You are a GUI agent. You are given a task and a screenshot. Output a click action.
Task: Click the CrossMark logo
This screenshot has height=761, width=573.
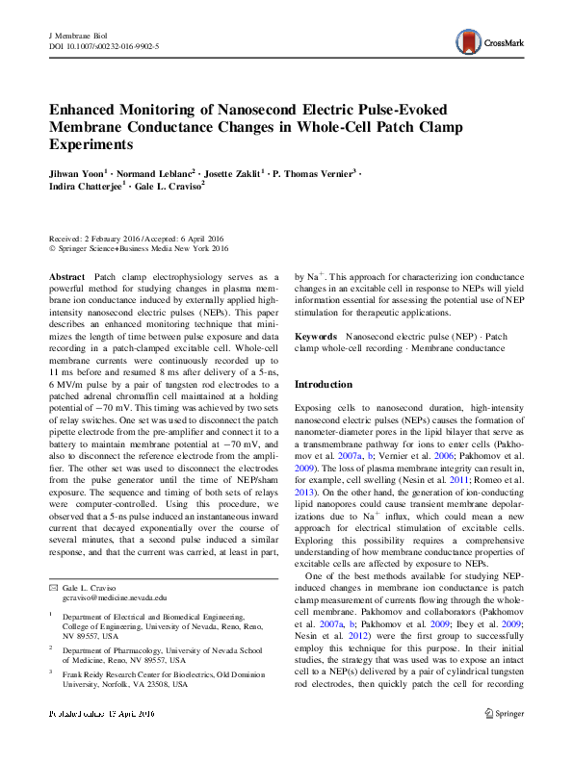[x=497, y=41]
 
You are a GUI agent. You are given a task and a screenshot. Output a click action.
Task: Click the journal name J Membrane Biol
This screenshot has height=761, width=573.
[x=76, y=35]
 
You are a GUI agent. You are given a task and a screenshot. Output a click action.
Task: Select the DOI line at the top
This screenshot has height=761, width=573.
[x=104, y=45]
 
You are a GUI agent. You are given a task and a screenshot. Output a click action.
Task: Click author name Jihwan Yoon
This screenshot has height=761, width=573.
[x=75, y=172]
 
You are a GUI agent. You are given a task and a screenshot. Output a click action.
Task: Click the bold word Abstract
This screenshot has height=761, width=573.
[x=66, y=276]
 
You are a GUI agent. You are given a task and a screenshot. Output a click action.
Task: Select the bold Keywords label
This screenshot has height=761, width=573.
[x=315, y=337]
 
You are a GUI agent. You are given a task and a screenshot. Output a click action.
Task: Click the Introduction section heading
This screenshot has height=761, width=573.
[x=326, y=385]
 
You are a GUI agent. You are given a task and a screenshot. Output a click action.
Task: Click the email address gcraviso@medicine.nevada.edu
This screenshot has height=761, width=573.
[x=101, y=597]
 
